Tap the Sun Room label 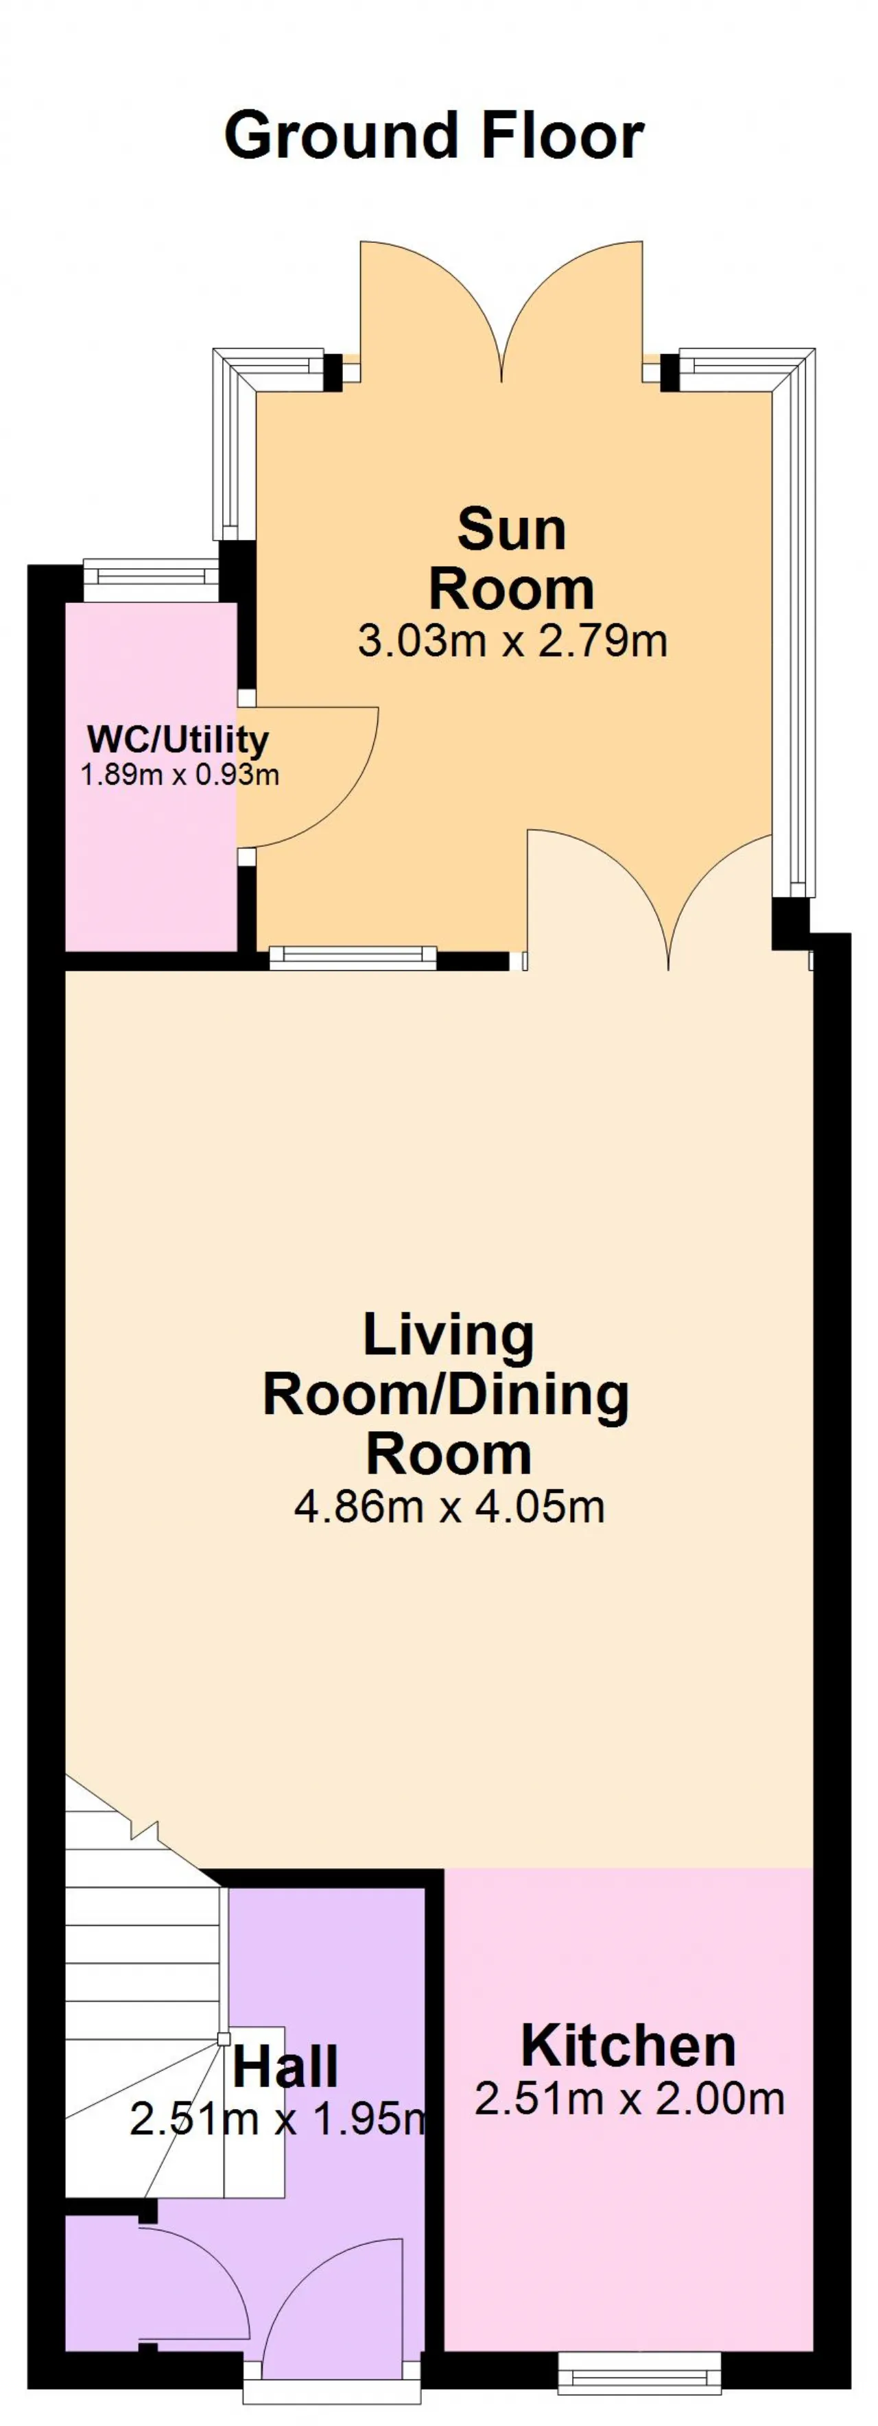point(512,558)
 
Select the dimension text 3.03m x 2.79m point(512,641)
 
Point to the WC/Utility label point(178,740)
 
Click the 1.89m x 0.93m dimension point(180,775)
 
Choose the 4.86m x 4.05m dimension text point(449,1507)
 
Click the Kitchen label point(628,2045)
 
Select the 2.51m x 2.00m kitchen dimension point(629,2098)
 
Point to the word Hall point(285,2067)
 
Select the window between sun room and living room point(353,958)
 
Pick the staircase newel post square point(223,2039)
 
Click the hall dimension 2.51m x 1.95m point(280,2119)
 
